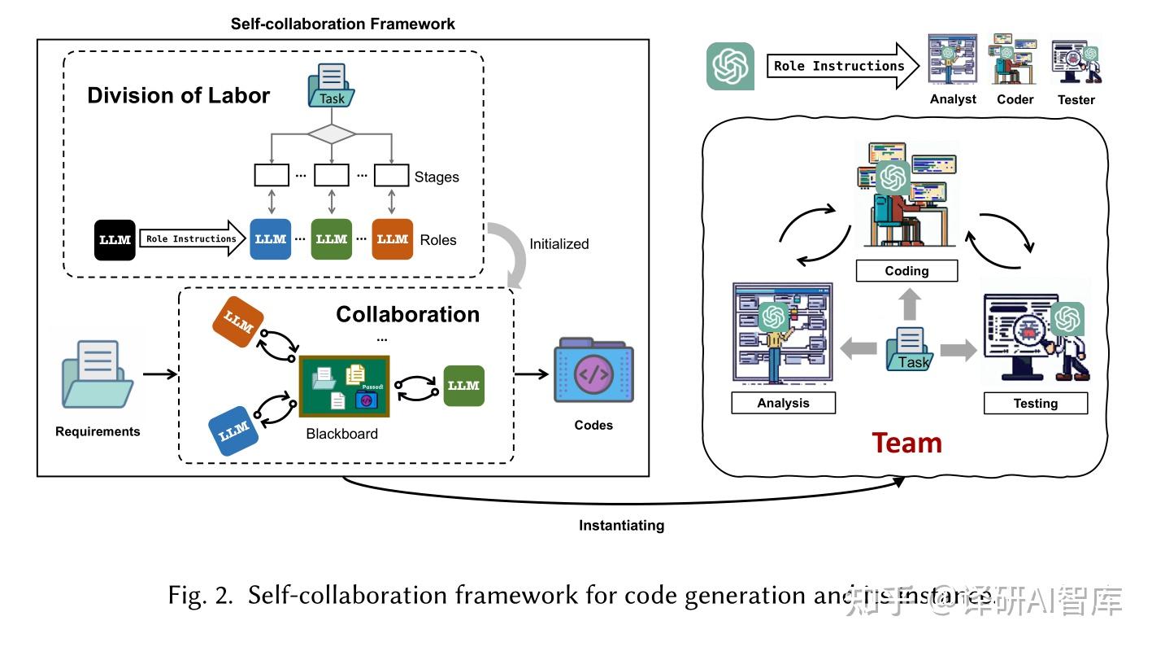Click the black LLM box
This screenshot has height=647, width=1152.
pos(115,239)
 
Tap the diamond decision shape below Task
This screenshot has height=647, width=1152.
pos(331,133)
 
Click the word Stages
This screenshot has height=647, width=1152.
pos(437,177)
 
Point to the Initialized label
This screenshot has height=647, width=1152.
pos(559,244)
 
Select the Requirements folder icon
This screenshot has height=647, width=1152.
pos(98,374)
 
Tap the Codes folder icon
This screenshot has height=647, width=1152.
pos(593,371)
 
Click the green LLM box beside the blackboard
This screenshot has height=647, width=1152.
pos(463,386)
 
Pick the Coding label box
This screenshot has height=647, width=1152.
pos(906,271)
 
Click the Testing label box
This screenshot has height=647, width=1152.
pos(1035,404)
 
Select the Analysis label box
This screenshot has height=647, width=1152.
pos(783,404)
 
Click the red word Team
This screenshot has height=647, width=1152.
pos(906,444)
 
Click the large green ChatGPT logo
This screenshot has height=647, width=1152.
pos(729,66)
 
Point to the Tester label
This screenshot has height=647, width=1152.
pos(1076,100)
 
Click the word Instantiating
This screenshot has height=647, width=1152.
pos(621,526)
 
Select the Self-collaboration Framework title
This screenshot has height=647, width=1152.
pos(342,24)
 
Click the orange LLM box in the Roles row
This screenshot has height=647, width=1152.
pos(392,239)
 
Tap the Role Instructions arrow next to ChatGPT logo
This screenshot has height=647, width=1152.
pos(841,67)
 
